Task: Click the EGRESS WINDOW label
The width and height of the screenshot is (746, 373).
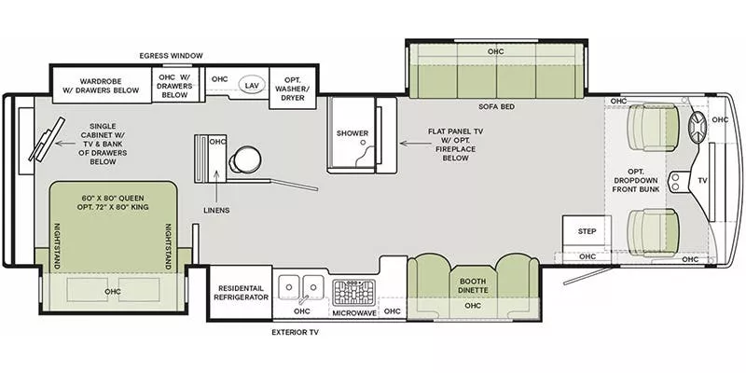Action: coord(171,56)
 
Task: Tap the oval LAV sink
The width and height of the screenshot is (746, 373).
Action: coord(251,83)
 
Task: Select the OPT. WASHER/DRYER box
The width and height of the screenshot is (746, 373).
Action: coord(293,86)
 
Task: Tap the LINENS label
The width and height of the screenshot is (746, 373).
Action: coord(215,210)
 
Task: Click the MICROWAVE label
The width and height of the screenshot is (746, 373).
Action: coord(354,312)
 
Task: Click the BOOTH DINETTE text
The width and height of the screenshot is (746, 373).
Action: coord(474,284)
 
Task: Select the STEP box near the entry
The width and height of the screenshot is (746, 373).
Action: coord(587,230)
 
